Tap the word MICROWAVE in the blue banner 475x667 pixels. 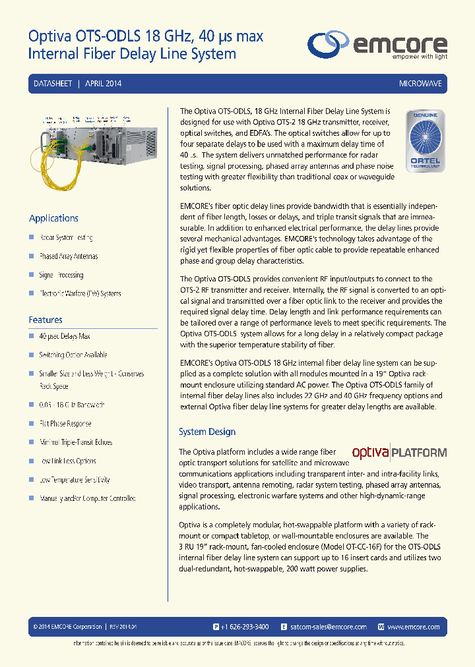click(420, 84)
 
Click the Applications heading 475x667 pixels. click(53, 218)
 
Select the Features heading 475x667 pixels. click(46, 320)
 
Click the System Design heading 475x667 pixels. click(207, 432)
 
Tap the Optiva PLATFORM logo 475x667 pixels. click(399, 453)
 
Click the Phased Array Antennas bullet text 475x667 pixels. click(69, 256)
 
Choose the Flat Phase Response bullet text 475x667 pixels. click(65, 424)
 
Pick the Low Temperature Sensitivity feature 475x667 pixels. click(75, 480)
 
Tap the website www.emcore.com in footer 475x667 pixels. click(413, 627)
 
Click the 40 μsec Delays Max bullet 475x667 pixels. click(65, 336)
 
